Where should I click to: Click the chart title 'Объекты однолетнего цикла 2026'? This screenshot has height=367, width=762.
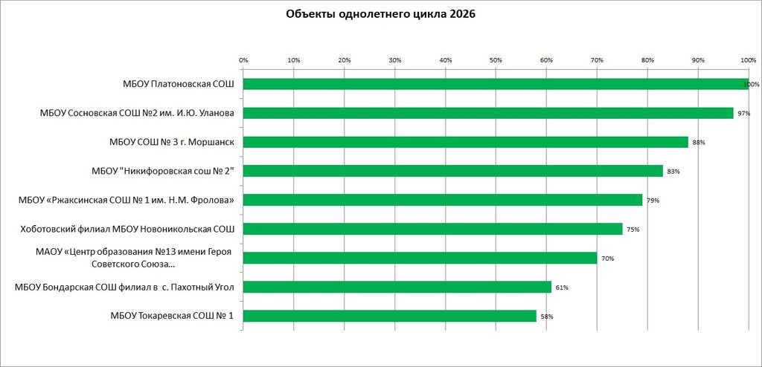click(380, 14)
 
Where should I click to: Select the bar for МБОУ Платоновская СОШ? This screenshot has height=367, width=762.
click(496, 84)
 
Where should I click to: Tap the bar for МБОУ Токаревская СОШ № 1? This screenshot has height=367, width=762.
click(390, 316)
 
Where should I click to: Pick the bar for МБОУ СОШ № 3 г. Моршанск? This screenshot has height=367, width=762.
click(466, 142)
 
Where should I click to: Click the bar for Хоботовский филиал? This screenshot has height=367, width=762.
click(432, 229)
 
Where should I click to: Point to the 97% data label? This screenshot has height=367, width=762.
click(744, 114)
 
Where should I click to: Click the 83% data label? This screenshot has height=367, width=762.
click(673, 172)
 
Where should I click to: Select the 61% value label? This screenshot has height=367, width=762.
click(562, 288)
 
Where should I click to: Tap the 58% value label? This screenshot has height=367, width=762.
click(547, 316)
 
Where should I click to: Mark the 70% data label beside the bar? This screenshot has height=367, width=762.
click(607, 259)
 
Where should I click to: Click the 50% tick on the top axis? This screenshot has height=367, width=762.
click(496, 60)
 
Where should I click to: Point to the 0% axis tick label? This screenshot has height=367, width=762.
click(243, 60)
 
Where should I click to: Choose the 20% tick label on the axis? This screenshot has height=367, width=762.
click(344, 60)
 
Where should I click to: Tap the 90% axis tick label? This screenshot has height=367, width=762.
click(698, 60)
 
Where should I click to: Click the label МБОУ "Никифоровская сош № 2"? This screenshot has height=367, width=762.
click(163, 172)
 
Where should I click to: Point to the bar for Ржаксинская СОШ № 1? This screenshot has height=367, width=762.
click(443, 200)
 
